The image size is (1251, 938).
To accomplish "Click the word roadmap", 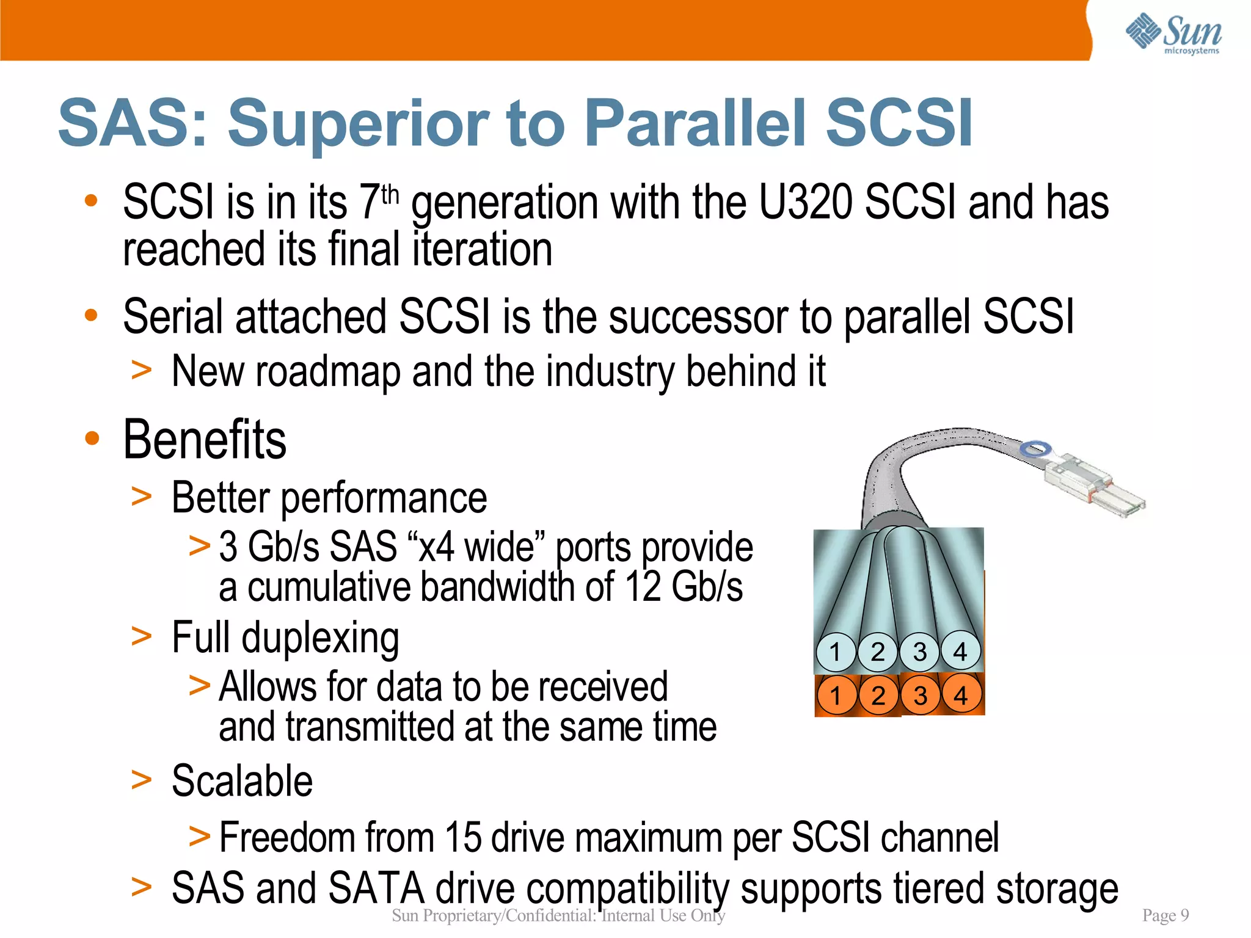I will click(x=327, y=372).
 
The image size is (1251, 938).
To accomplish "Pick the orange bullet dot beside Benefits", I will click(x=92, y=438).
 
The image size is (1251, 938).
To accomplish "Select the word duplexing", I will click(x=320, y=638).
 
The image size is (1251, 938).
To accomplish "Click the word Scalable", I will click(x=242, y=781).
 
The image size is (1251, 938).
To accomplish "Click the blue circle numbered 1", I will click(x=836, y=652).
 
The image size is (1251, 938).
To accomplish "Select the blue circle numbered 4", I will click(x=960, y=652).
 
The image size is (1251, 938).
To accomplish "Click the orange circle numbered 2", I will click(x=878, y=696).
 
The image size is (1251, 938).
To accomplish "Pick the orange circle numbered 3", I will click(x=920, y=696).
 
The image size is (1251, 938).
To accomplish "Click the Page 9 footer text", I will click(x=1165, y=915).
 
